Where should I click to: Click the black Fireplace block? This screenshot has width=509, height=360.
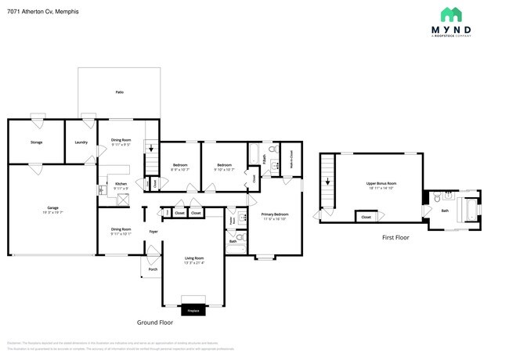(193, 311)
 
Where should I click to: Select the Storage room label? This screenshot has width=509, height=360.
(36, 142)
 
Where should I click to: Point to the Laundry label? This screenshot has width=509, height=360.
(81, 142)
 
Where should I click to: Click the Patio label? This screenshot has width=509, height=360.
(119, 92)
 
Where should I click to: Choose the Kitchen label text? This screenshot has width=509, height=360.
(121, 185)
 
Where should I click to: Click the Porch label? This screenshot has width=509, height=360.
(152, 269)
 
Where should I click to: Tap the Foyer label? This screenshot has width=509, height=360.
(153, 232)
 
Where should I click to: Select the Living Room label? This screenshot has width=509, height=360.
(193, 259)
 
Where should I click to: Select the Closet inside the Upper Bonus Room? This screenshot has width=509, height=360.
(366, 217)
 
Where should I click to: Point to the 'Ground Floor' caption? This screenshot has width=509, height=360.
(154, 322)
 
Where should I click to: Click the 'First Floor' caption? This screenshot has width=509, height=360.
(395, 236)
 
